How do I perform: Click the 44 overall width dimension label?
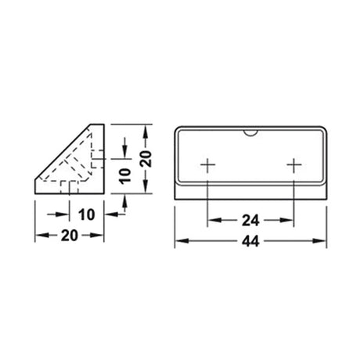[x=250, y=242]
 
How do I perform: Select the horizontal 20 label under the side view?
[x=69, y=236]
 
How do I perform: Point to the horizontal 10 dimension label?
[x=85, y=214]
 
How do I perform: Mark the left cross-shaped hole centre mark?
[x=207, y=165]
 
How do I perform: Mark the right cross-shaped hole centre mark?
[x=293, y=165]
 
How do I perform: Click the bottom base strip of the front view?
[x=250, y=191]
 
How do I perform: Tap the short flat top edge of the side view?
[x=98, y=124]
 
